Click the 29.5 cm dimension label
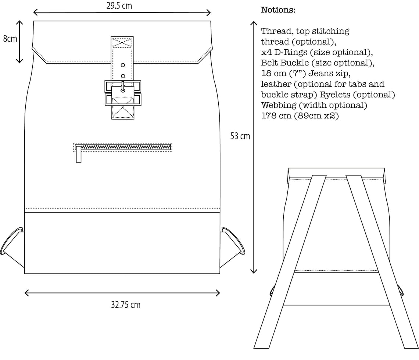click(x=121, y=6)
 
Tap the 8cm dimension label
click(x=10, y=39)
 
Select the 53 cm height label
click(x=240, y=136)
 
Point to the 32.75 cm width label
click(x=125, y=305)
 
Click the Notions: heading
click(x=278, y=10)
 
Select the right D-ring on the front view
click(x=234, y=241)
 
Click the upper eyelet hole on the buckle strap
click(x=123, y=65)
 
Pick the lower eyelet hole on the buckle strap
click(x=123, y=76)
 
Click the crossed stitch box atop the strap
click(x=122, y=42)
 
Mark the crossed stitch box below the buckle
click(x=123, y=111)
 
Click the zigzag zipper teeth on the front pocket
click(x=123, y=147)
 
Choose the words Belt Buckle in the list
click(x=285, y=63)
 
